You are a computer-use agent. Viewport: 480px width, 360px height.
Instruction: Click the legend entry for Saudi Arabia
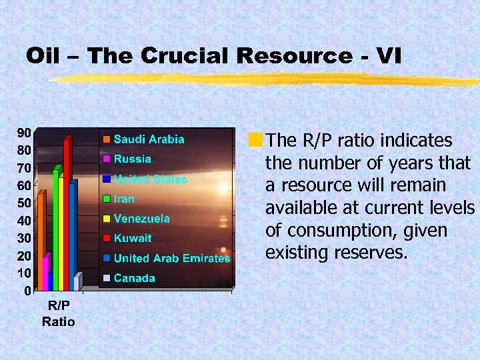point(148,139)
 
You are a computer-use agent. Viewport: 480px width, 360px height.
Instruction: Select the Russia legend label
point(132,159)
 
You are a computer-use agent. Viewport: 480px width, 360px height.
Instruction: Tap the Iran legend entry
point(124,199)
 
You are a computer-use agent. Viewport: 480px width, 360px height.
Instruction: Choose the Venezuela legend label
point(141,218)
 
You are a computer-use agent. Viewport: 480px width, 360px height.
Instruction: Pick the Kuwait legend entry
point(133,238)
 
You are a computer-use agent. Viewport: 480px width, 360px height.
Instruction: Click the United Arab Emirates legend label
point(171,258)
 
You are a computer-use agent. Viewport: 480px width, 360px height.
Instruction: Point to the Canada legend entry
point(134,278)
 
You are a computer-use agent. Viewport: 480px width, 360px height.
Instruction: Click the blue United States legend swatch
point(106,179)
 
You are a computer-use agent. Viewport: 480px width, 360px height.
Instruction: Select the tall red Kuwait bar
point(66,213)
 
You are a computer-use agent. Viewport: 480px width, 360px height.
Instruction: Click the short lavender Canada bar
point(77,283)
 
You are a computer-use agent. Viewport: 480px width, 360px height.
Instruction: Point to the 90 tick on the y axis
point(23,132)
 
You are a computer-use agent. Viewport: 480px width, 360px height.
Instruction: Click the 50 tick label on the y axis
point(23,203)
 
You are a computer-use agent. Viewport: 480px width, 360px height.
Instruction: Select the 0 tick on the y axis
point(26,291)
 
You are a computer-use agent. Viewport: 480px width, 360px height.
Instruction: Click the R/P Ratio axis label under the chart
point(59,313)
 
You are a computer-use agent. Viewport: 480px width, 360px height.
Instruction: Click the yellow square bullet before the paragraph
point(255,141)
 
